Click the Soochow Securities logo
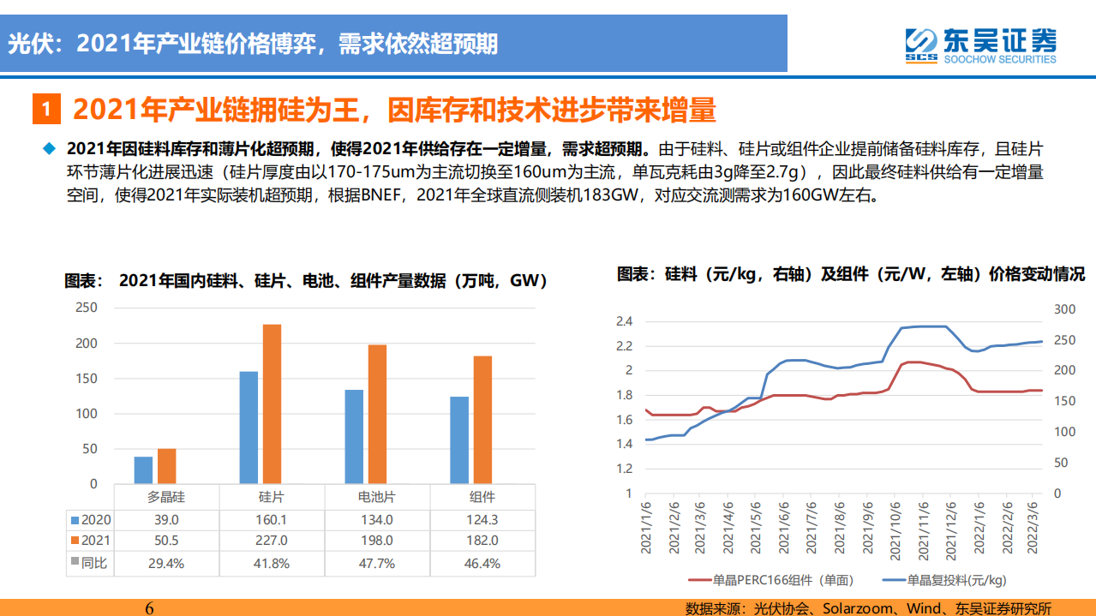coord(981,45)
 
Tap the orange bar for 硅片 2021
coord(272,404)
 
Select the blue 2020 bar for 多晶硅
coord(143,469)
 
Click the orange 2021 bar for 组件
coord(482,419)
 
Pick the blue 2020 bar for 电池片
coord(354,436)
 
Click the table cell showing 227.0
coord(272,541)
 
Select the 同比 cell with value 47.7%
coord(376,563)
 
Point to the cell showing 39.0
coord(166,519)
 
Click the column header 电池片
coord(376,497)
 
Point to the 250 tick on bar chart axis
coord(87,308)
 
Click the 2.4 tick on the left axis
coord(623,321)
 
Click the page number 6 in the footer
coord(149,607)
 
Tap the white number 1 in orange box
coord(47,111)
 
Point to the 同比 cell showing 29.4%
coord(166,563)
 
